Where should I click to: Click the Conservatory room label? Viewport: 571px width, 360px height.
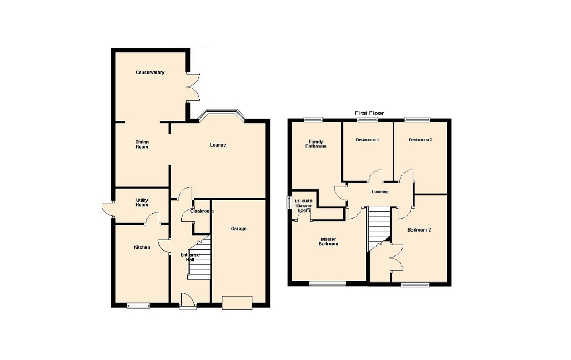[150, 73]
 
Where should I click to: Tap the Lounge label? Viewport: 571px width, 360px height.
[218, 145]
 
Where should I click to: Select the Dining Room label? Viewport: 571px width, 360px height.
[142, 144]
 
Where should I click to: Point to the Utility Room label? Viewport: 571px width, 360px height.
[142, 202]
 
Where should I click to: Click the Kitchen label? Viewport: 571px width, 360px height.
[142, 247]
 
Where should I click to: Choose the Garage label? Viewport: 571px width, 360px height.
[239, 229]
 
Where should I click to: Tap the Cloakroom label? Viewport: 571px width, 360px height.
[202, 211]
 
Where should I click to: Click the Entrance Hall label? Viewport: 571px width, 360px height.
[190, 257]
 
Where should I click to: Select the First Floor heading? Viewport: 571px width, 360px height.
[369, 113]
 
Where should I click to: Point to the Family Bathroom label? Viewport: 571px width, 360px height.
[317, 144]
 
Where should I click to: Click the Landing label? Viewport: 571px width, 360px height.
[380, 192]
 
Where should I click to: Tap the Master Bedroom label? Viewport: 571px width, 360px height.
[329, 241]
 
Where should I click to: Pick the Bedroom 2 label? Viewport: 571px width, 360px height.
[419, 230]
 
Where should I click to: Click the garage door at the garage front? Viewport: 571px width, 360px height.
[237, 303]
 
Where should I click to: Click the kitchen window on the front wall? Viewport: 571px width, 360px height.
[138, 305]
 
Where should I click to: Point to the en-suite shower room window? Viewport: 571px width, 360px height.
[289, 202]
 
